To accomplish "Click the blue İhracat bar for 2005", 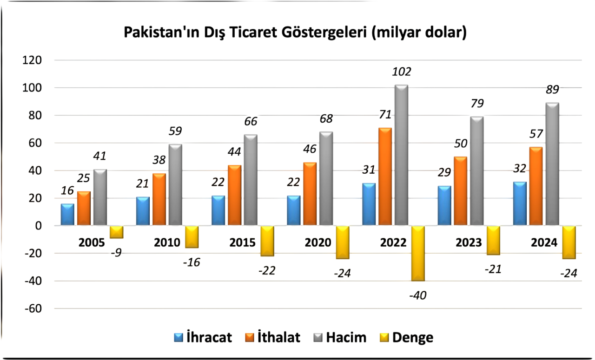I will point(67,215).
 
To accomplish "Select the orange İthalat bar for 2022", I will point(385,177).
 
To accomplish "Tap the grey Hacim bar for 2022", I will point(401,155).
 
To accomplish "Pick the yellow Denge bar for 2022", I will point(417,253).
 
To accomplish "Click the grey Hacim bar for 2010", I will point(175,185).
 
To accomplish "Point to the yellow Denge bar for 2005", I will point(116,232).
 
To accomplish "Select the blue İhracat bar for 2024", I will point(520,203).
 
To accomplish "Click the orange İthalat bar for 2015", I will point(234,195).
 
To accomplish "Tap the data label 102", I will point(402,72).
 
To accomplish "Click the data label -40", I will point(417,295).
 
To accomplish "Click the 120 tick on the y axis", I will point(32,60).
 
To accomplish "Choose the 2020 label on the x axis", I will point(318,242).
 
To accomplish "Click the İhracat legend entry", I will point(203,338).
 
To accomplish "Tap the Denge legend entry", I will point(407,338).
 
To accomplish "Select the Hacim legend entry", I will point(340,338).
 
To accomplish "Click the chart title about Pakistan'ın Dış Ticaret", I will point(295,33).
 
